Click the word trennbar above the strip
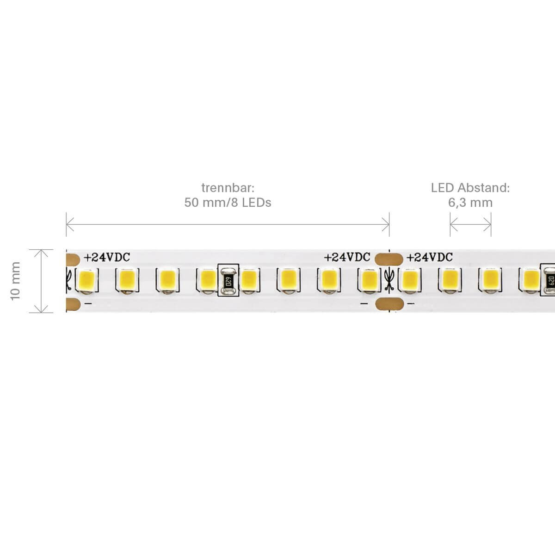(228, 188)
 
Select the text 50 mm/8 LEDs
(228, 203)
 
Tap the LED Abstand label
(470, 188)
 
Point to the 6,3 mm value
(470, 203)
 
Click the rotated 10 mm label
(16, 281)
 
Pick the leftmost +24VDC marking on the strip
(107, 258)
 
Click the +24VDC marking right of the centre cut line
(429, 258)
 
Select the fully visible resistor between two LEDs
(228, 280)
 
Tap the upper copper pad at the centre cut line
(388, 258)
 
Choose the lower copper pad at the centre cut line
(388, 303)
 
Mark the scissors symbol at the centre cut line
(389, 280)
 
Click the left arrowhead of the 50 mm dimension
(69, 226)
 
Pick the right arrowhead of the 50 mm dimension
(386, 226)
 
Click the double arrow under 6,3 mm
(470, 226)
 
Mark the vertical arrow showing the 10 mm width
(42, 281)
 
